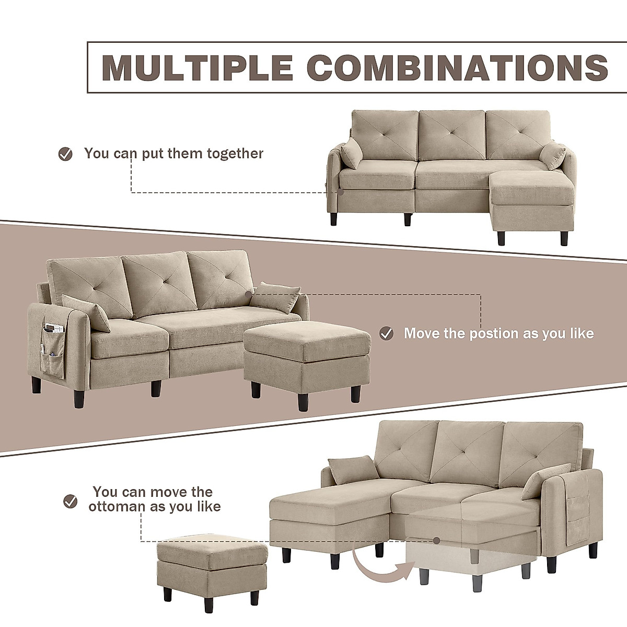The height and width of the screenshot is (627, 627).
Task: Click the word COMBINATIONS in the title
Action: click(x=458, y=67)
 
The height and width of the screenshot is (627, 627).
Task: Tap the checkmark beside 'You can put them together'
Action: click(x=65, y=154)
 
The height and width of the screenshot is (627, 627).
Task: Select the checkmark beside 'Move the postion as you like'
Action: click(x=386, y=333)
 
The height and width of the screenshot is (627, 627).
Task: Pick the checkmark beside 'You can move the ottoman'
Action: click(x=70, y=502)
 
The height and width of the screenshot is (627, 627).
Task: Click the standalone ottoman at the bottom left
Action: click(x=212, y=567)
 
